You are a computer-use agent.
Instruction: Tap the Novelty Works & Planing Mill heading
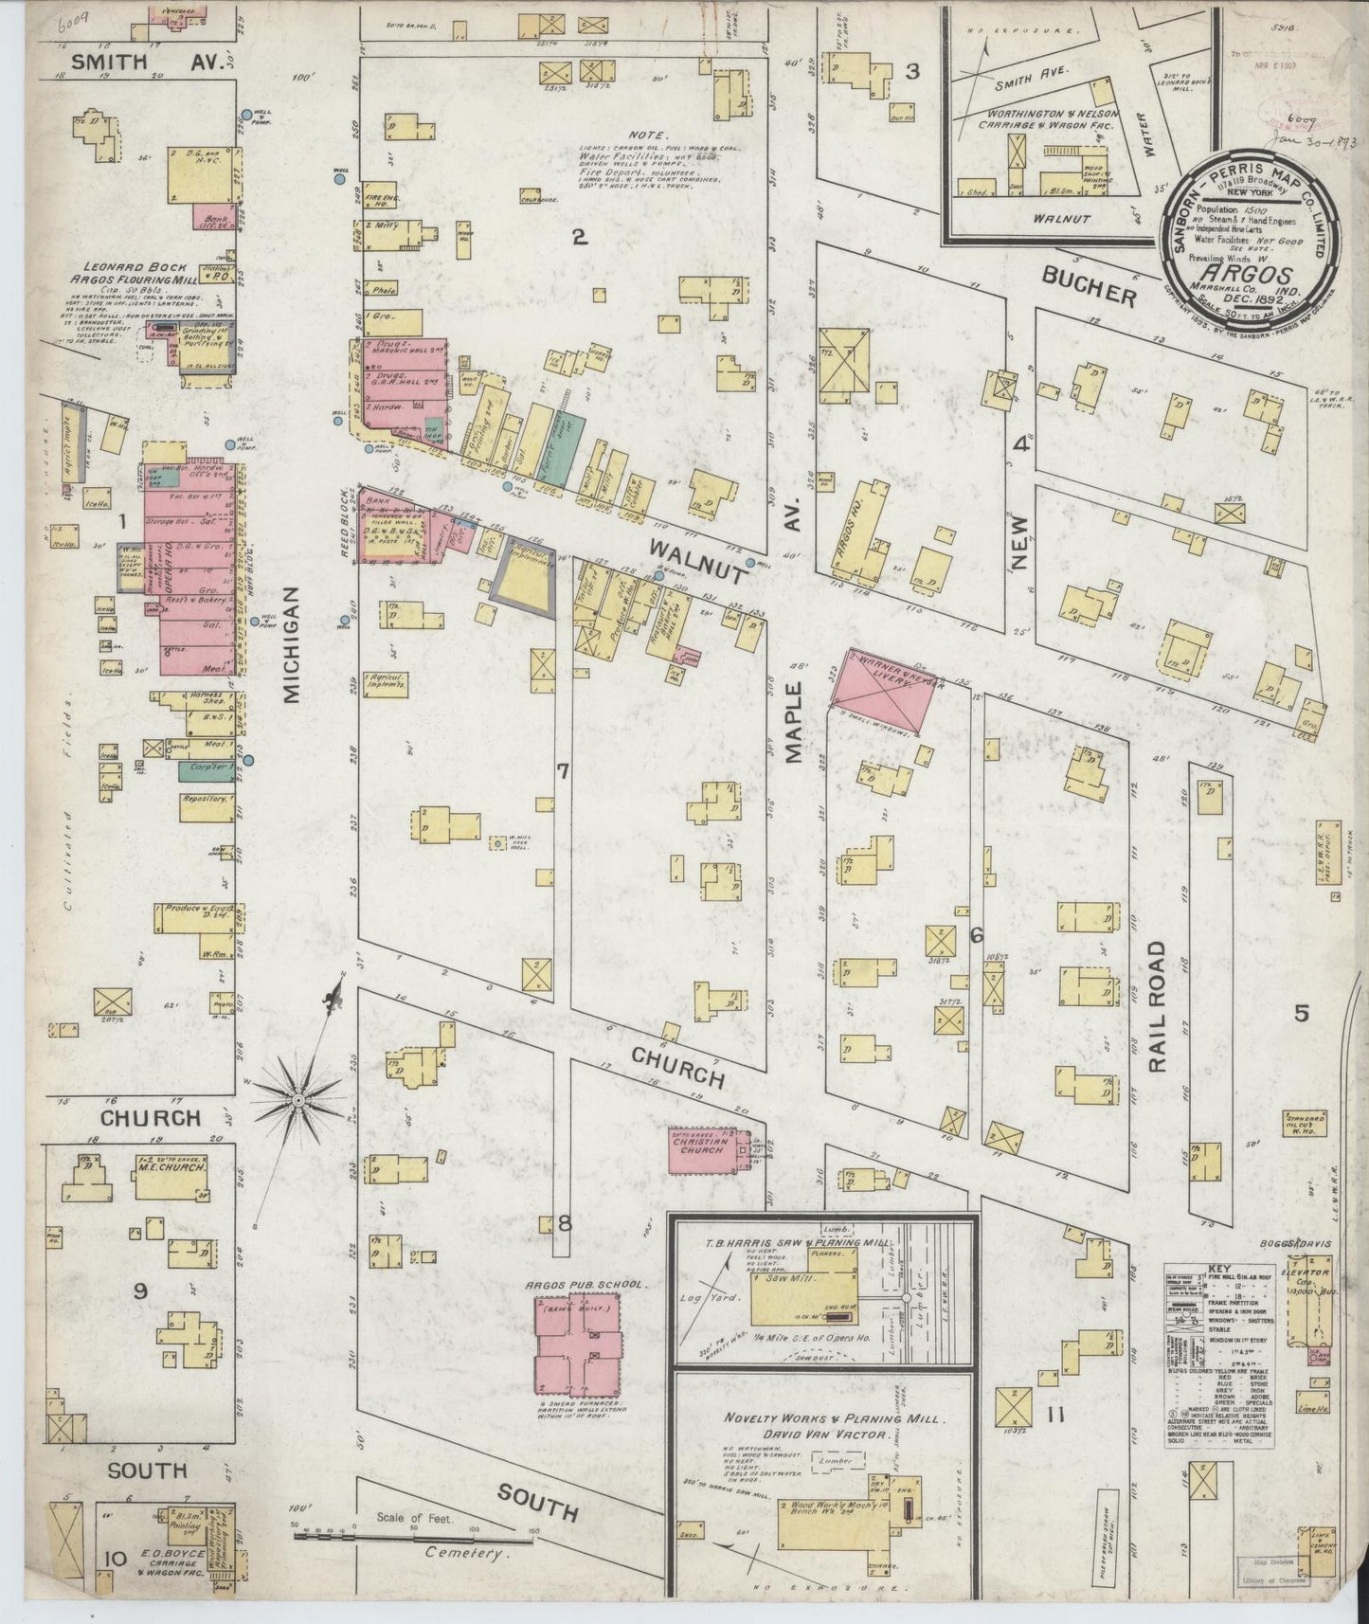click(831, 1418)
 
